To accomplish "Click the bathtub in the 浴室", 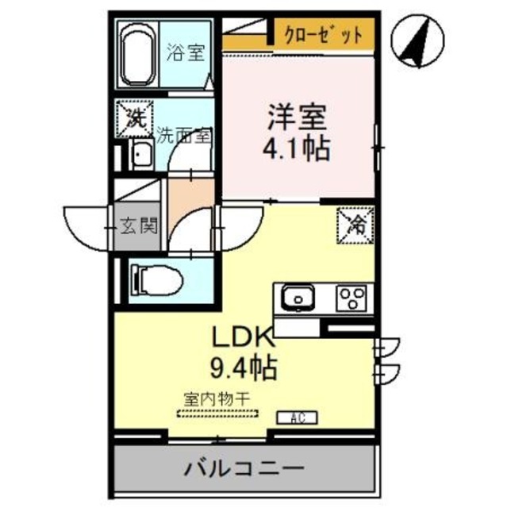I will [x=138, y=59].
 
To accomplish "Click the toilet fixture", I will [x=158, y=279].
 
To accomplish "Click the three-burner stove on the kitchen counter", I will [x=350, y=298].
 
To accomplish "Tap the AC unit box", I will [x=298, y=417].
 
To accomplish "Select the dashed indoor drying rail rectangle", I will [x=217, y=413].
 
